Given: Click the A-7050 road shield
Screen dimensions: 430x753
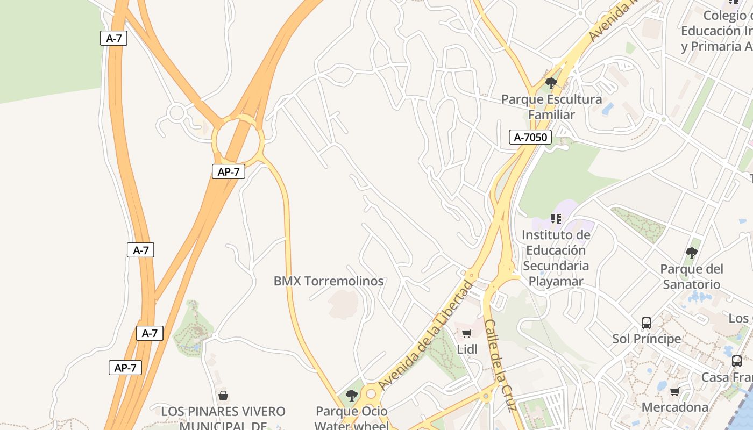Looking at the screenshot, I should (x=530, y=137).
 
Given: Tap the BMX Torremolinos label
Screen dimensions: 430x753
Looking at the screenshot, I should (x=329, y=281).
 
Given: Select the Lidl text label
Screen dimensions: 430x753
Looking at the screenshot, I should (x=467, y=349).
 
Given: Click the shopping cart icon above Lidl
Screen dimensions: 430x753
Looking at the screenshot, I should (x=466, y=334).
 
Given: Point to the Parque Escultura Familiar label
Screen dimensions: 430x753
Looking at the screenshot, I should (x=551, y=107).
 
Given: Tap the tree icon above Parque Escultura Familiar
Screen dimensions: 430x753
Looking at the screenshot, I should (x=551, y=83).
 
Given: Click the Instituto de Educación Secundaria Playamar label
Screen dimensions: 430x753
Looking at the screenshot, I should (x=556, y=258).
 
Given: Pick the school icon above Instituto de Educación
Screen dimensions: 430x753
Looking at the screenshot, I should (x=556, y=219).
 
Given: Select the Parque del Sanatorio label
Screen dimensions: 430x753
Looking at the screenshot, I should (x=692, y=276).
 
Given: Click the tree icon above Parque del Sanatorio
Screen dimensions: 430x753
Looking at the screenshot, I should (x=692, y=253).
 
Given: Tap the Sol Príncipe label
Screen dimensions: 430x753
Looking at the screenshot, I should (x=647, y=339).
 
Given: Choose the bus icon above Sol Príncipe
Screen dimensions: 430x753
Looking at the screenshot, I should (x=647, y=323).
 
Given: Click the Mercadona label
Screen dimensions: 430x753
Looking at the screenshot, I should (x=675, y=407).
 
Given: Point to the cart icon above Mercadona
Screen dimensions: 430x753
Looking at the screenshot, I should (x=674, y=391).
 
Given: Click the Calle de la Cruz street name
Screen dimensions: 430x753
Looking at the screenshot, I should (x=500, y=365).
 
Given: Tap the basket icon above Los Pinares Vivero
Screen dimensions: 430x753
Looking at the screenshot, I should (x=223, y=396).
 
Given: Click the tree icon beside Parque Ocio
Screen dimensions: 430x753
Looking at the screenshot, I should (x=351, y=396).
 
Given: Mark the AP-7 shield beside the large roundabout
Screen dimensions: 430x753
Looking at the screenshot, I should (x=229, y=171).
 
